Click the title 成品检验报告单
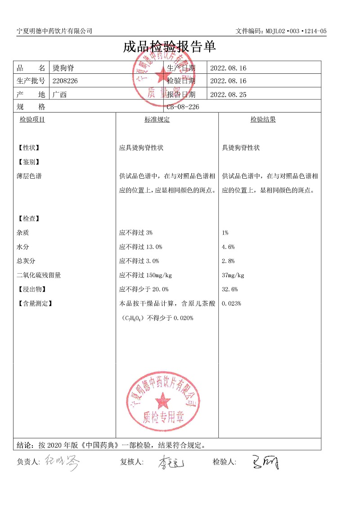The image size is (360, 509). click(170, 47)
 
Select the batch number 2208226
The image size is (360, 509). click(65, 81)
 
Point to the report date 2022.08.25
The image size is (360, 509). click(228, 95)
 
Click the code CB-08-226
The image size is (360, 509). click(183, 107)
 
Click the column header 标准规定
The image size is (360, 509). click(157, 120)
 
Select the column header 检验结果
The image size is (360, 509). click(263, 120)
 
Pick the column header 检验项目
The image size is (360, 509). click(32, 120)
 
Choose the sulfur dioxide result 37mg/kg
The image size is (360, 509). click(233, 275)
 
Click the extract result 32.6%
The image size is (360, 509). click(230, 289)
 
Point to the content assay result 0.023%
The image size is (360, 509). click(231, 304)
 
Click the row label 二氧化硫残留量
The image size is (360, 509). click(38, 275)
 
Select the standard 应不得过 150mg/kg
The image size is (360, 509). click(145, 275)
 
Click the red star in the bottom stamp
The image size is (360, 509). click(163, 400)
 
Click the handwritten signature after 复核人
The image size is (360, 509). click(171, 462)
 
